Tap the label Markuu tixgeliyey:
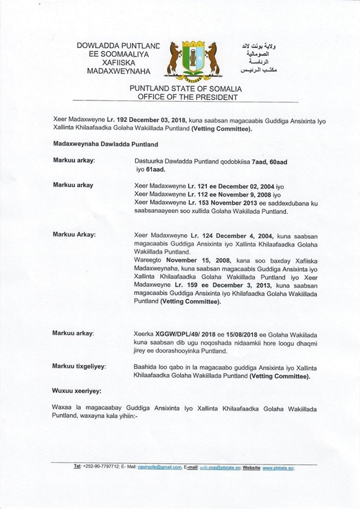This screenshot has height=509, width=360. click(x=80, y=364)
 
